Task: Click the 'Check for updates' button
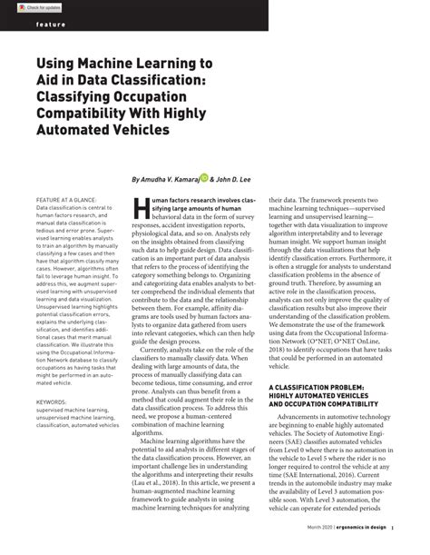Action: (27, 6)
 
